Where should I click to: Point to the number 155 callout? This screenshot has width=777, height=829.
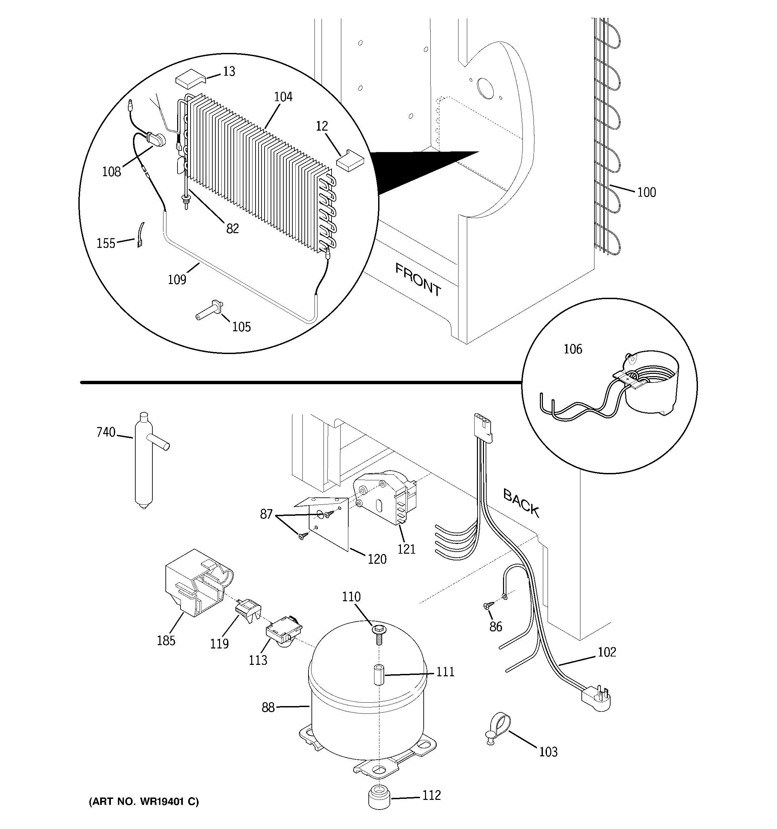point(105,244)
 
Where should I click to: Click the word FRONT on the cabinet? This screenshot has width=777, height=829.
point(418,279)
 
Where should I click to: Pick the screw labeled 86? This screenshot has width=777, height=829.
point(488,605)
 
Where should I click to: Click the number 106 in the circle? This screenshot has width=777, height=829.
point(573,349)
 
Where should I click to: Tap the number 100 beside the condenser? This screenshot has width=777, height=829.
point(646,192)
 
